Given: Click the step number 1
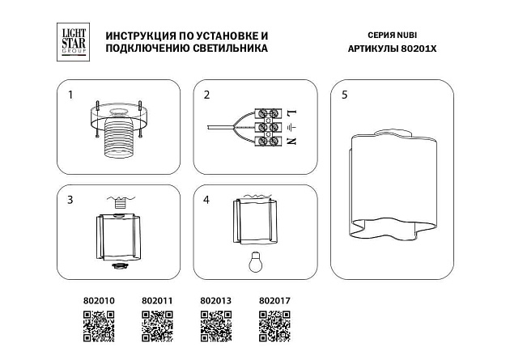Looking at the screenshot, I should tap(70, 95).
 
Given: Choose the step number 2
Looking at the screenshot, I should tap(206, 95).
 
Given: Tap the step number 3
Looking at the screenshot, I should tap(70, 199).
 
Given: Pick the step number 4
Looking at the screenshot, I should tap(206, 199).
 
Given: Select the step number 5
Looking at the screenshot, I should tap(345, 95).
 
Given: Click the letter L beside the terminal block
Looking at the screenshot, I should tap(291, 112).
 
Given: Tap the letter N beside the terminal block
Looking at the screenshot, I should tap(291, 142).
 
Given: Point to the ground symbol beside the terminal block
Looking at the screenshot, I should tap(291, 127).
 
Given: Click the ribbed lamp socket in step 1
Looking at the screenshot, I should tap(120, 142).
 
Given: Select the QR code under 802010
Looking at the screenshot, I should tap(100, 327).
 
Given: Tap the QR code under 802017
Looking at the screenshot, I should tap(274, 327).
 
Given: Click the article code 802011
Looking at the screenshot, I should tap(157, 301).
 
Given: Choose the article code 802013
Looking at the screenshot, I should tap(215, 301).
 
